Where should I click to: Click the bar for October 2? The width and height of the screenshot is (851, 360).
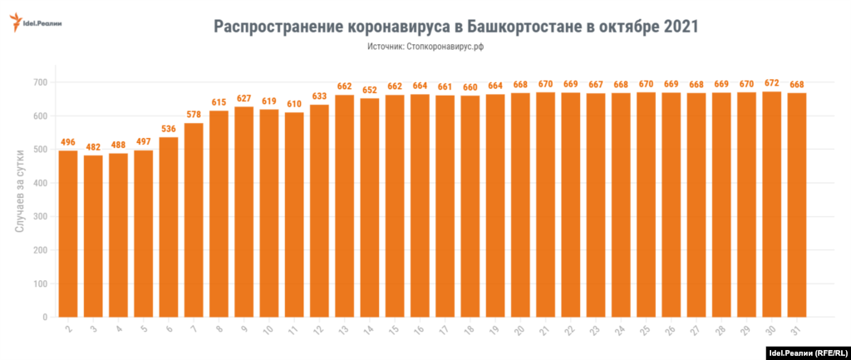(67, 234)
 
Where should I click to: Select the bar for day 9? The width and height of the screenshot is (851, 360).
(243, 212)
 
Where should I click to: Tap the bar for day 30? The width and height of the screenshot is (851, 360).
(772, 205)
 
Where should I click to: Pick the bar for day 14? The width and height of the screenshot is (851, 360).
(370, 208)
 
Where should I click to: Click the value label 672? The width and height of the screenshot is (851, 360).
(772, 83)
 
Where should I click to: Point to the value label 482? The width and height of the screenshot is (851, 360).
(92, 147)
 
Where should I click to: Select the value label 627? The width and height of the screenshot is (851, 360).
(243, 99)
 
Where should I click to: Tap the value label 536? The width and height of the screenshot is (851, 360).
(168, 129)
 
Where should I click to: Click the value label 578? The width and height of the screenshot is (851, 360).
(193, 115)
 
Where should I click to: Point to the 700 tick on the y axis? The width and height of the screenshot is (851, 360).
(40, 82)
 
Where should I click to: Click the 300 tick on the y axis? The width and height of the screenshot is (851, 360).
(40, 216)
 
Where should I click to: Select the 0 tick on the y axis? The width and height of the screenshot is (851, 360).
(45, 317)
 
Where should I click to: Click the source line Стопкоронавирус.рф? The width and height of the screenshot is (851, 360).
(425, 47)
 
